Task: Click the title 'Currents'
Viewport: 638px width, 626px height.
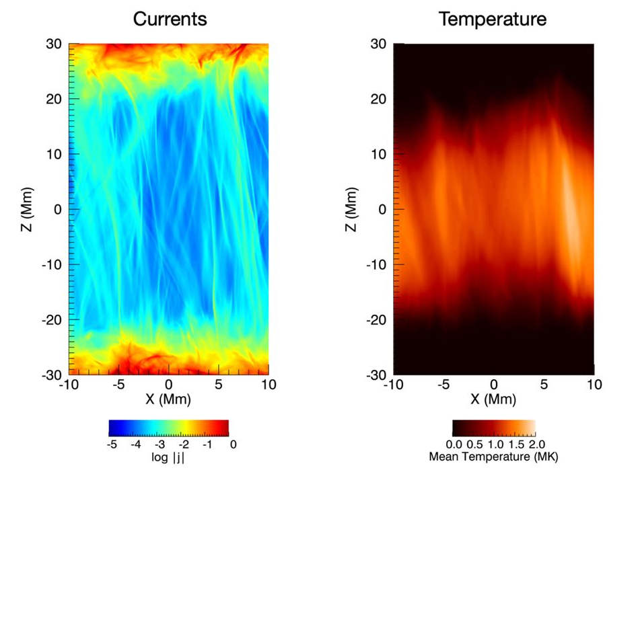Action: click(170, 19)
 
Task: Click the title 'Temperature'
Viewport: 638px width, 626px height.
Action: click(493, 19)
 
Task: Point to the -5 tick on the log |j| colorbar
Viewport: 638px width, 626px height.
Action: click(112, 444)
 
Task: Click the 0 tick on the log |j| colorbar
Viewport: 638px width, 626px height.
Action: click(233, 444)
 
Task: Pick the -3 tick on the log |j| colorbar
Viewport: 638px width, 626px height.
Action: click(159, 444)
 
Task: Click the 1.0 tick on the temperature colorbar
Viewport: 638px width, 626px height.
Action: click(495, 444)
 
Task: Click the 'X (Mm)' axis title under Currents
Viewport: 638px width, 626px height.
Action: click(168, 399)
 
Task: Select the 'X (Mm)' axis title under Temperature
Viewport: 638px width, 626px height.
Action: click(493, 399)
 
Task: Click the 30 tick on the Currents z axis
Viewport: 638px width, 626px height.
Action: click(54, 44)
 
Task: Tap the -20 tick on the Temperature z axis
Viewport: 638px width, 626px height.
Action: click(376, 319)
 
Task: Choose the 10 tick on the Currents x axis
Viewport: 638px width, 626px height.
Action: click(268, 384)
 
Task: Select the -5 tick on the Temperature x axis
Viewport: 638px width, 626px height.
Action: click(443, 384)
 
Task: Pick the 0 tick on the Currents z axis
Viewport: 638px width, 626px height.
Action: click(58, 209)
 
